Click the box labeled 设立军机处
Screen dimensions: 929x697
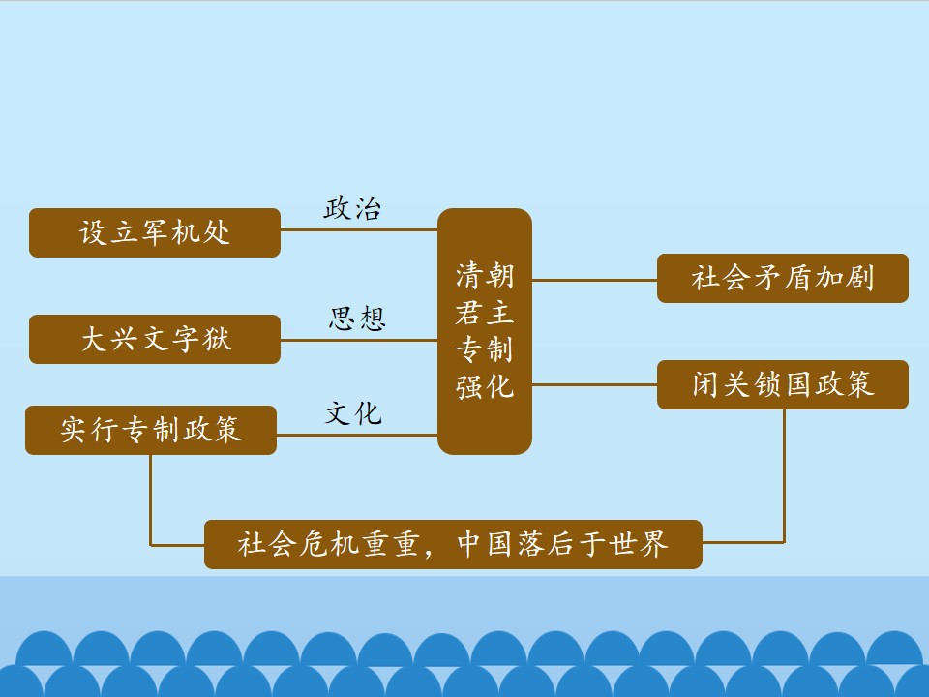pyautogui.click(x=155, y=232)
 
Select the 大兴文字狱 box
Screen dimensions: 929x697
pyautogui.click(x=155, y=339)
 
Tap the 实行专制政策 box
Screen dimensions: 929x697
pyautogui.click(x=151, y=430)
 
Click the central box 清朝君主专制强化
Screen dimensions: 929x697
pyautogui.click(x=485, y=331)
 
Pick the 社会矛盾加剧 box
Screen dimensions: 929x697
pyautogui.click(x=783, y=278)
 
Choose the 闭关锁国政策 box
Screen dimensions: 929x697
pyautogui.click(x=783, y=384)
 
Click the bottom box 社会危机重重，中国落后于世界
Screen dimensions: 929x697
pyautogui.click(x=453, y=544)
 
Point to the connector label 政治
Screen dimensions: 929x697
pyautogui.click(x=352, y=209)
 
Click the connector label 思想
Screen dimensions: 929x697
pyautogui.click(x=357, y=318)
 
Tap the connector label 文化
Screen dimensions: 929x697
pyautogui.click(x=353, y=413)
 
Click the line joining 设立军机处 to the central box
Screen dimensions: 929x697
pyautogui.click(x=359, y=230)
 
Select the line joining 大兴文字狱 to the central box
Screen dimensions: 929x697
pyautogui.click(x=359, y=340)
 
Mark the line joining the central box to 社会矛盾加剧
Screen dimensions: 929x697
pyautogui.click(x=594, y=280)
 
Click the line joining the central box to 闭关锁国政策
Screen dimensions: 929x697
pyautogui.click(x=594, y=384)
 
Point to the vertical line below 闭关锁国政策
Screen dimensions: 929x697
pyautogui.click(x=784, y=475)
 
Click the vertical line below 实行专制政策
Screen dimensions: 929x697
pyautogui.click(x=151, y=500)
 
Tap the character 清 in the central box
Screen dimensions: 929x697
pyautogui.click(x=469, y=276)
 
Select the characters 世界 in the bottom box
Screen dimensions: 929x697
pyautogui.click(x=639, y=543)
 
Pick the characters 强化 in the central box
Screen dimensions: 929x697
pyautogui.click(x=485, y=387)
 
